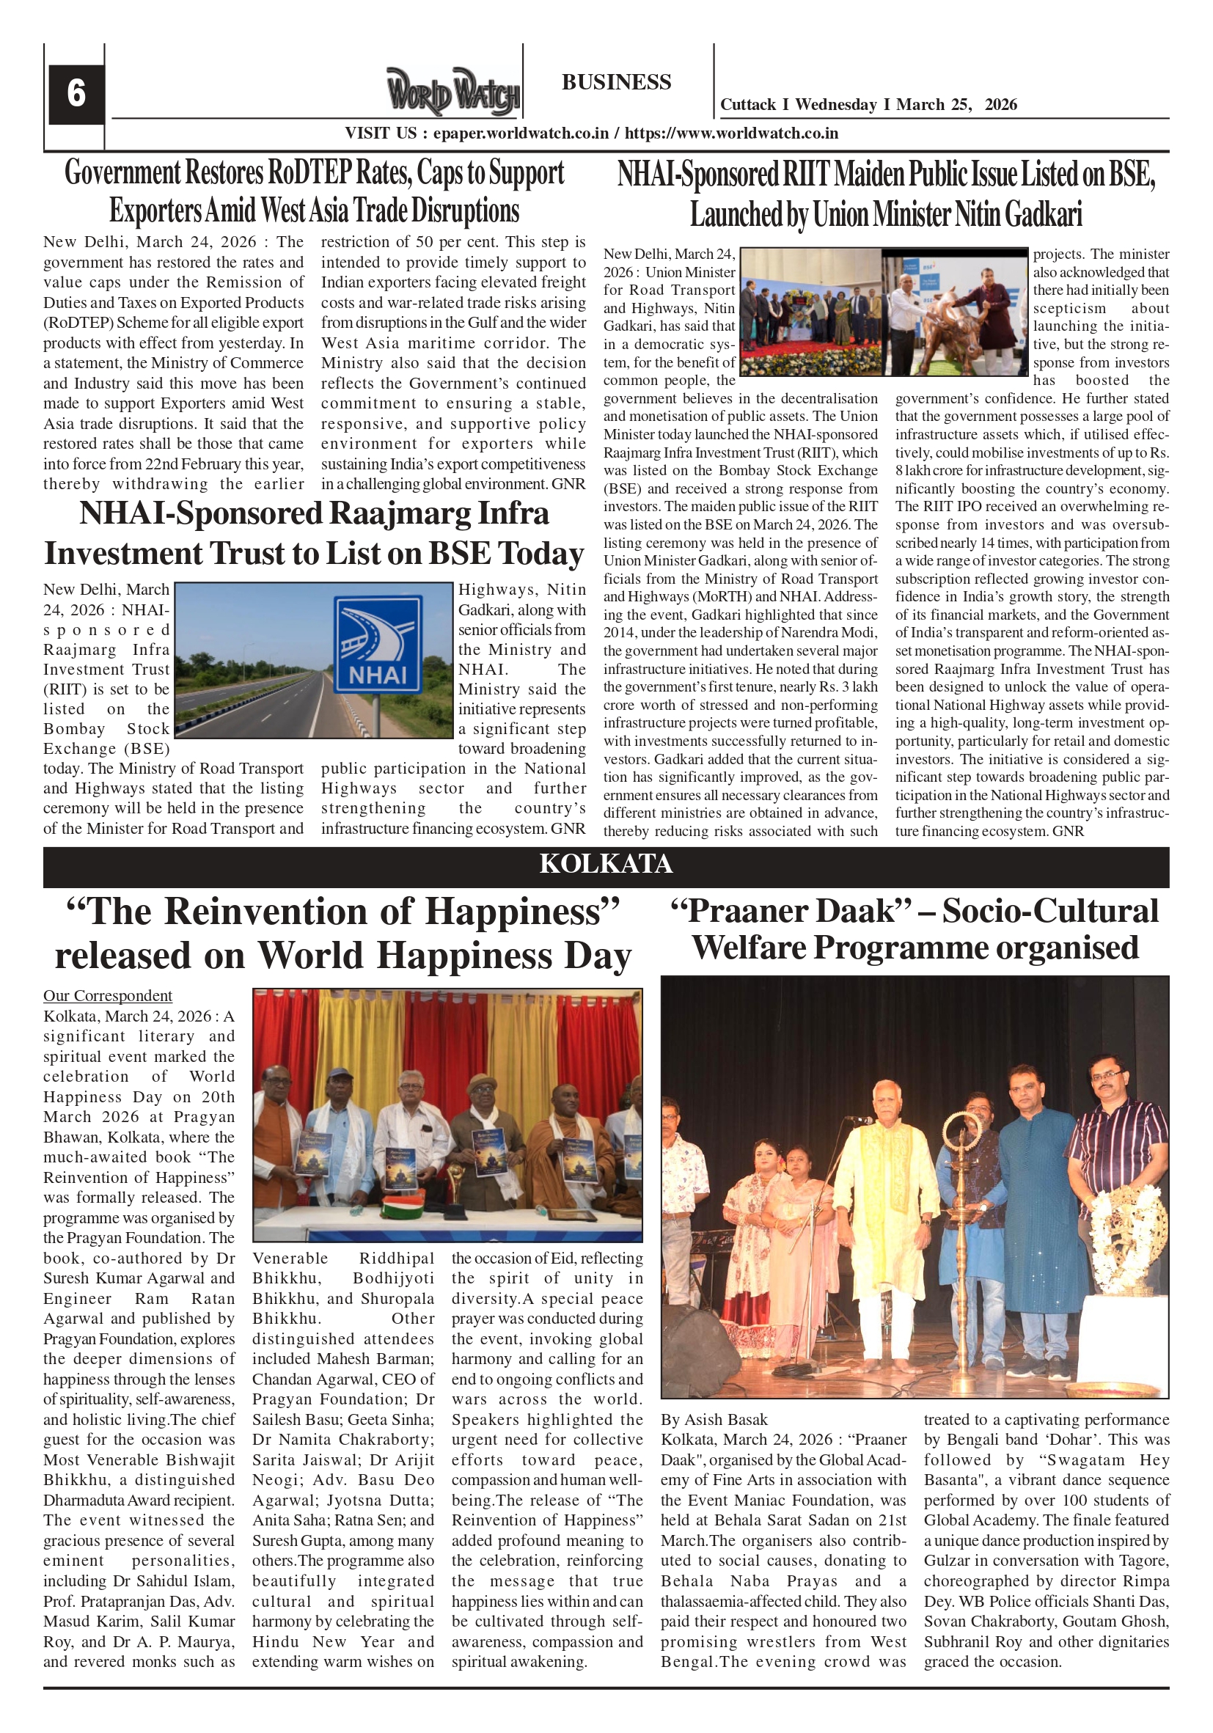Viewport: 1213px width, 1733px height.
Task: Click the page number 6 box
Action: tap(76, 94)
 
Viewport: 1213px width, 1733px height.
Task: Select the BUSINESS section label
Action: tap(616, 81)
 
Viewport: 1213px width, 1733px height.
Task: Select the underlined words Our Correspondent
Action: tap(107, 995)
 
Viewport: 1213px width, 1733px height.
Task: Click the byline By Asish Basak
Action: tap(714, 1420)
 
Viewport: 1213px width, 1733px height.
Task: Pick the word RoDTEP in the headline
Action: tap(308, 173)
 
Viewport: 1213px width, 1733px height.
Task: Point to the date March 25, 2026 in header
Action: tap(956, 105)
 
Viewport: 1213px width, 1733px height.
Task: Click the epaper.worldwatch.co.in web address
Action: tap(520, 133)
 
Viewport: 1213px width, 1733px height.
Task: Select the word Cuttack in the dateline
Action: tap(748, 105)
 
